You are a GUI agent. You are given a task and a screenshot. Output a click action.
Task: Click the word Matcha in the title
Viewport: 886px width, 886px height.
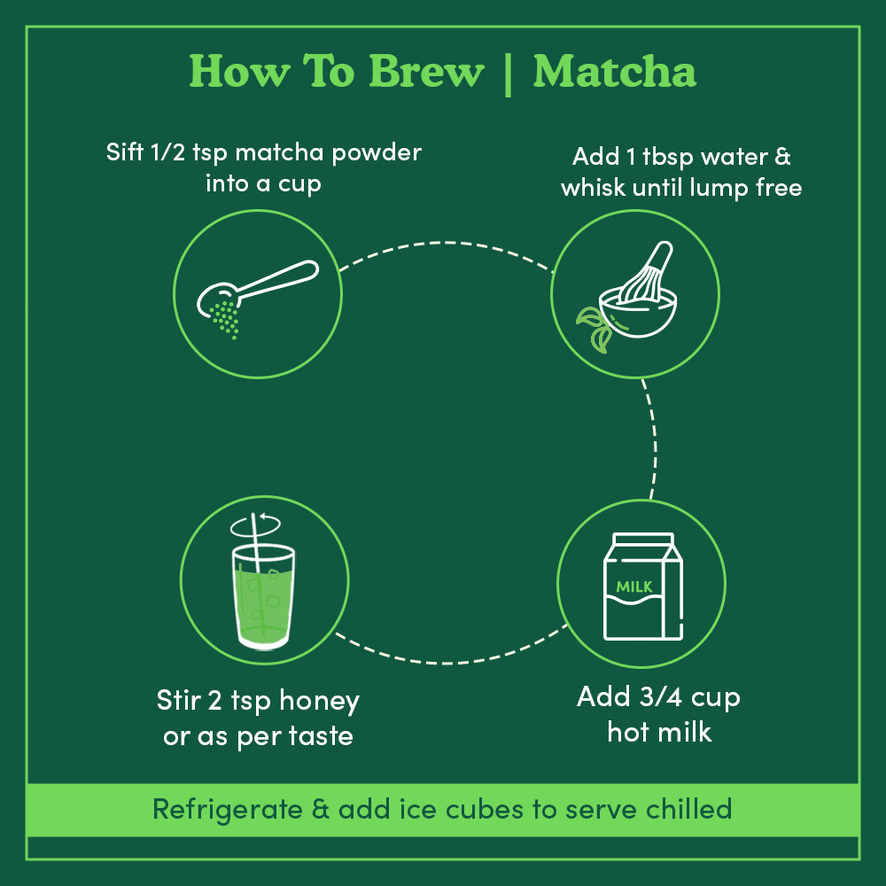click(x=614, y=73)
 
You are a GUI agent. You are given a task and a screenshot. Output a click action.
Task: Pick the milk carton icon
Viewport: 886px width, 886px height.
click(x=643, y=586)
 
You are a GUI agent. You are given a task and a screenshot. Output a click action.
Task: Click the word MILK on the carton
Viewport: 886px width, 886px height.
click(x=634, y=587)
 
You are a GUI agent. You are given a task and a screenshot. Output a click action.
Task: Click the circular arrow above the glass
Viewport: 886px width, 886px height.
click(x=255, y=526)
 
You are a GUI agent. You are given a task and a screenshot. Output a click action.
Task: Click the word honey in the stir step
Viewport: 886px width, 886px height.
click(x=318, y=702)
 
